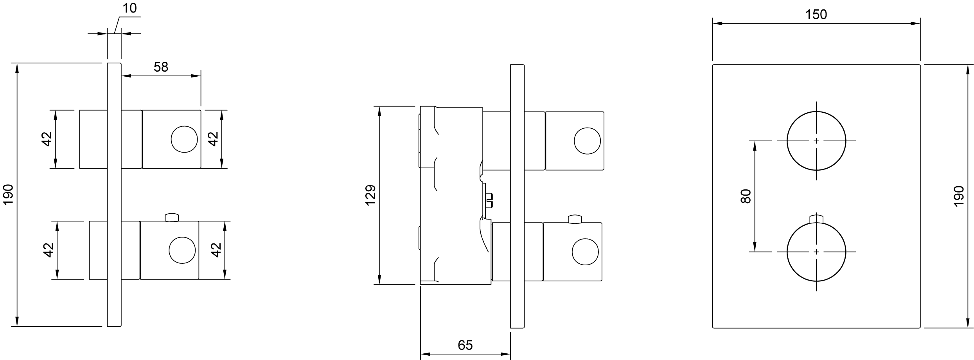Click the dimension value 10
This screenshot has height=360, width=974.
(129, 8)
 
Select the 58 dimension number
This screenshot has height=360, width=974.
(161, 67)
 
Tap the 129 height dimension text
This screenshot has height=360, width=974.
(370, 195)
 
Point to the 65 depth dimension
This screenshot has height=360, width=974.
(465, 345)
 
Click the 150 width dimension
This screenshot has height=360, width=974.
(816, 15)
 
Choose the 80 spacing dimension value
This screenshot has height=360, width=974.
(746, 196)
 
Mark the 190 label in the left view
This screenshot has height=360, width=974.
(8, 194)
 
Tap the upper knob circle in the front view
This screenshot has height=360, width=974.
(816, 141)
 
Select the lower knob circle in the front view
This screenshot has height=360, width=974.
(816, 252)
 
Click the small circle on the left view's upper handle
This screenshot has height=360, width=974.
(184, 139)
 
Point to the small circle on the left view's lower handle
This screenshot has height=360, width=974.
(182, 250)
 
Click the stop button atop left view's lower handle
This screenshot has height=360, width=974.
(172, 217)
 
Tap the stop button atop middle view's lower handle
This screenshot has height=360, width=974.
(575, 219)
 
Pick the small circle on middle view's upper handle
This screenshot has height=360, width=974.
(587, 141)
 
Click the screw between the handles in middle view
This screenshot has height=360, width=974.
(489, 200)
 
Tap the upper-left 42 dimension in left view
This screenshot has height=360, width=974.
(47, 139)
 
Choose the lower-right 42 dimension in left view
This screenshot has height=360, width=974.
(216, 250)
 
